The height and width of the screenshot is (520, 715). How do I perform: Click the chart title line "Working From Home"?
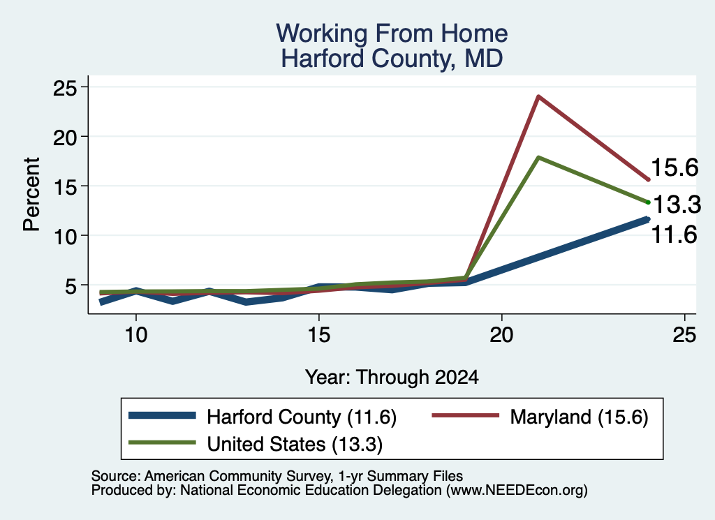(x=392, y=34)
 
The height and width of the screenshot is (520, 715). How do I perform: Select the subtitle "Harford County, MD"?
(x=392, y=59)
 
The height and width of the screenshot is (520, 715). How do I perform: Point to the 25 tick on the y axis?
(x=64, y=87)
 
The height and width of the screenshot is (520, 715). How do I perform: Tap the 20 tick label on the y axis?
(x=64, y=137)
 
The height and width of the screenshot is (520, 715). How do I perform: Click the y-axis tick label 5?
(x=71, y=285)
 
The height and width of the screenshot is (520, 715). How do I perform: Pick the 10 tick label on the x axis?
(x=136, y=335)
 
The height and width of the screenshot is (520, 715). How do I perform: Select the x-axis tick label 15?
(x=318, y=335)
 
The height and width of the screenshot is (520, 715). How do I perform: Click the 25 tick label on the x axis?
(x=684, y=335)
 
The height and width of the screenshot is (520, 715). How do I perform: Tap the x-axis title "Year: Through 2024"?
(x=392, y=378)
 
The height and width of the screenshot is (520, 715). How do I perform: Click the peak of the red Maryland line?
(x=538, y=96)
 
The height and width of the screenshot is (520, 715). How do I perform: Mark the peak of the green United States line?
(x=538, y=158)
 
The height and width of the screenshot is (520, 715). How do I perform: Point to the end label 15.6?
(x=675, y=168)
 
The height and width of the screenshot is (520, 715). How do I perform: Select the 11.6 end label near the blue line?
(x=675, y=235)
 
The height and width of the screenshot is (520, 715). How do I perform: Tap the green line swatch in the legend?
(x=162, y=443)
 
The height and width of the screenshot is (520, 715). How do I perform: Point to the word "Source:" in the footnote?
(x=116, y=476)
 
